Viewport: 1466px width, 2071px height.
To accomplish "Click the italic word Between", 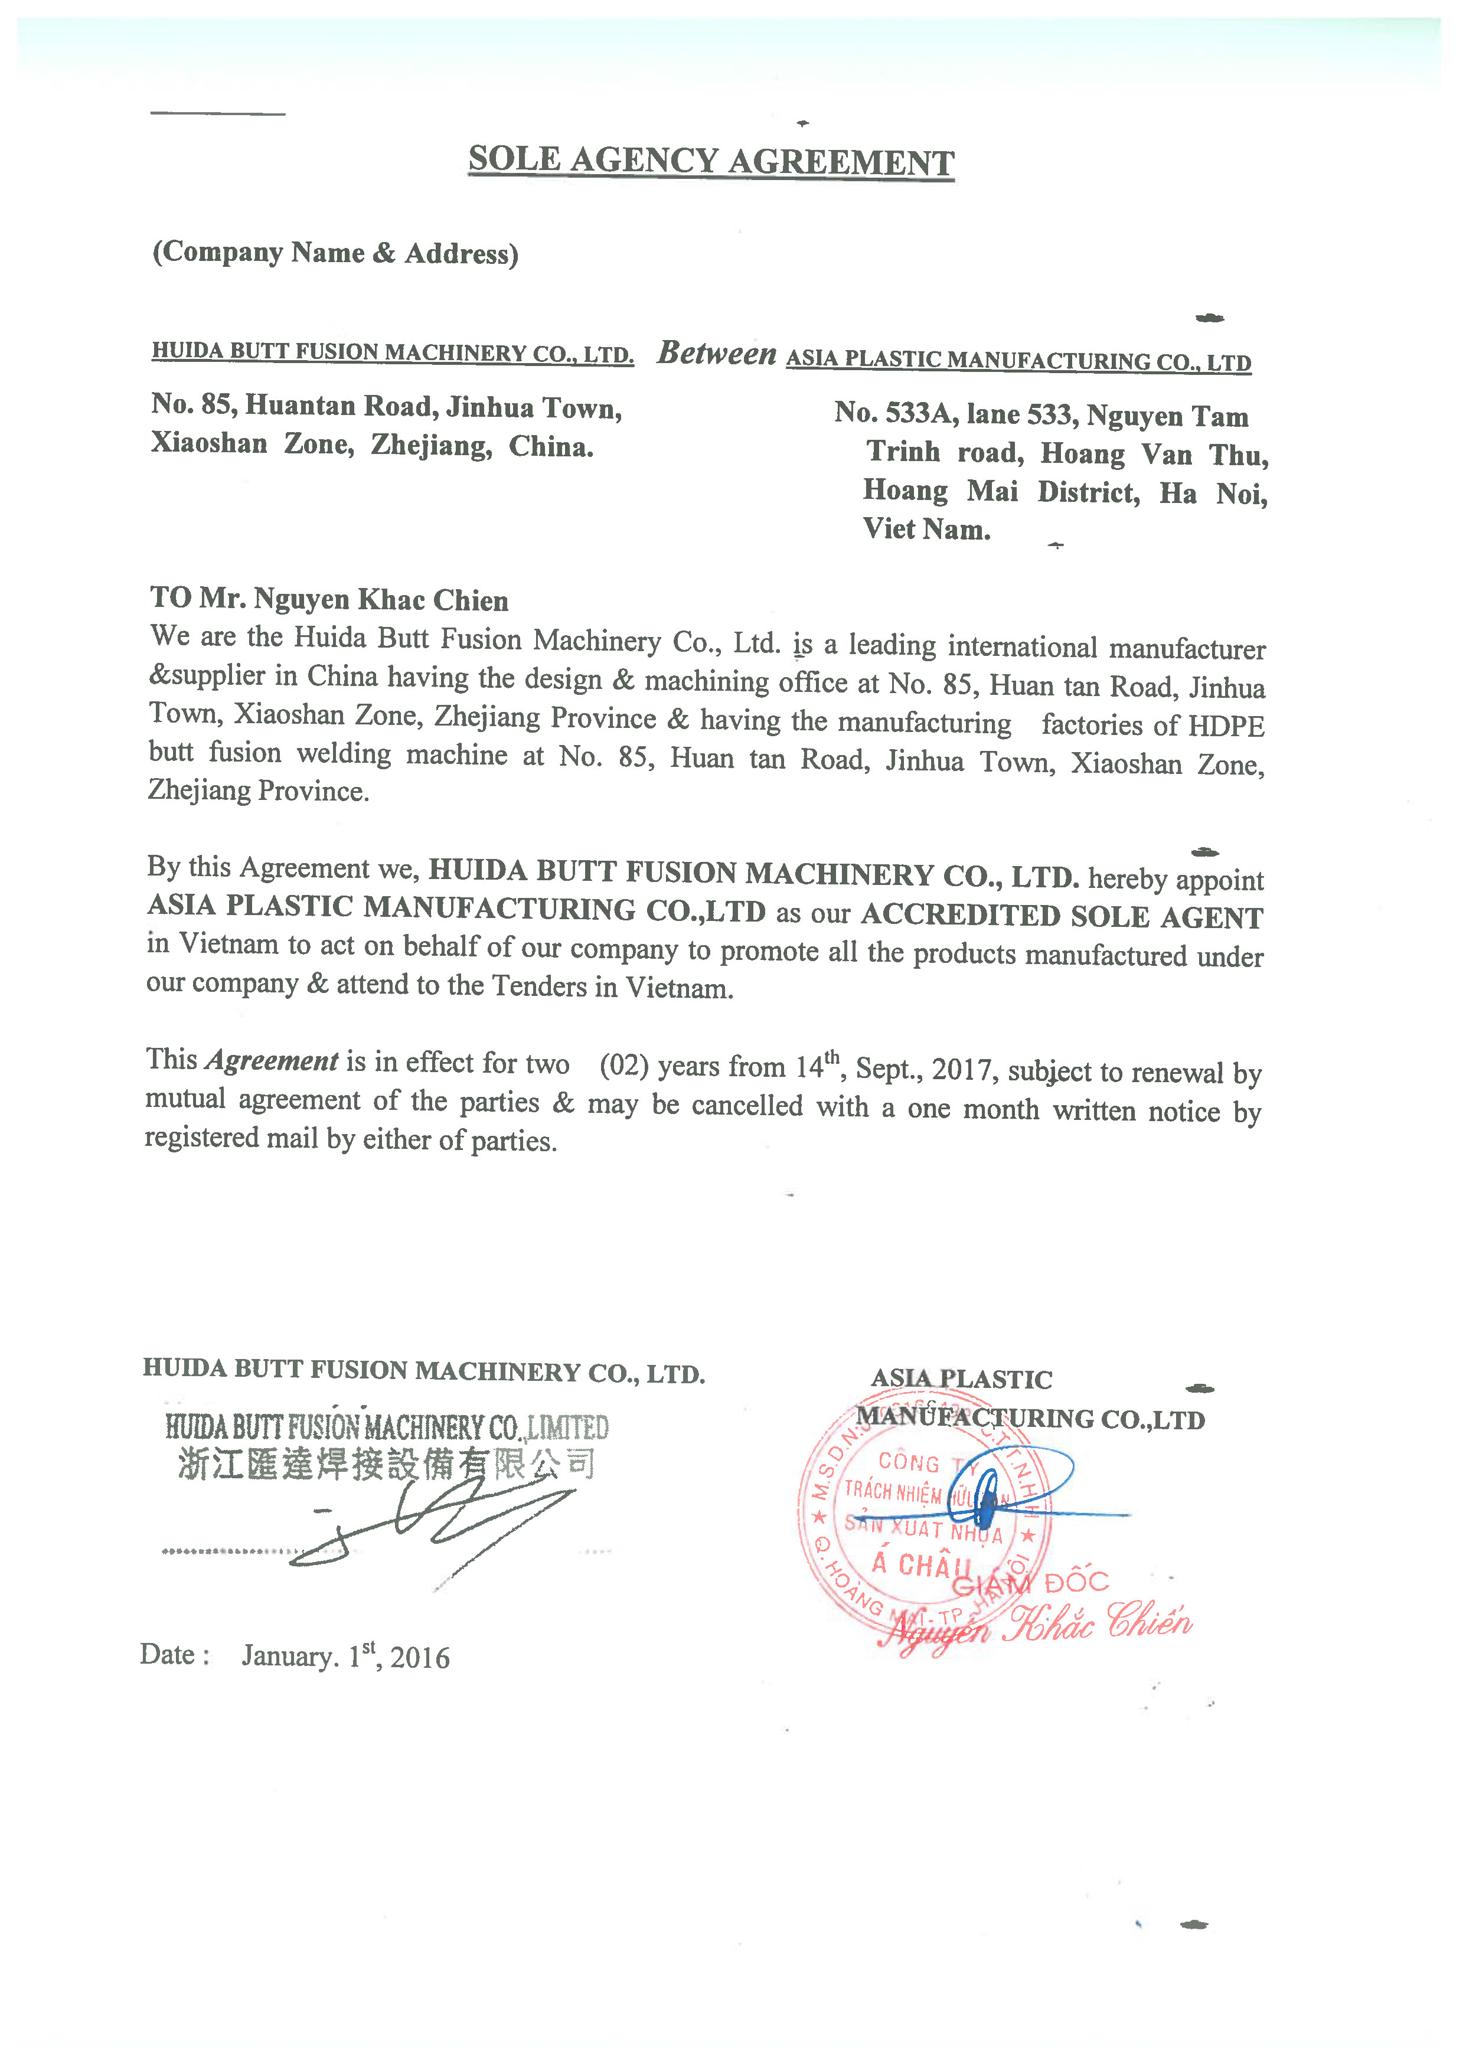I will (717, 353).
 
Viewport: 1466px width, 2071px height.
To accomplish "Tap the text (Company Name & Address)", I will (335, 253).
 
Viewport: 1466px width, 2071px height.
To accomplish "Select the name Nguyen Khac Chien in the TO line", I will (381, 599).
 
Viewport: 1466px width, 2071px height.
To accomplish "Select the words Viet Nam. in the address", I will (926, 529).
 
